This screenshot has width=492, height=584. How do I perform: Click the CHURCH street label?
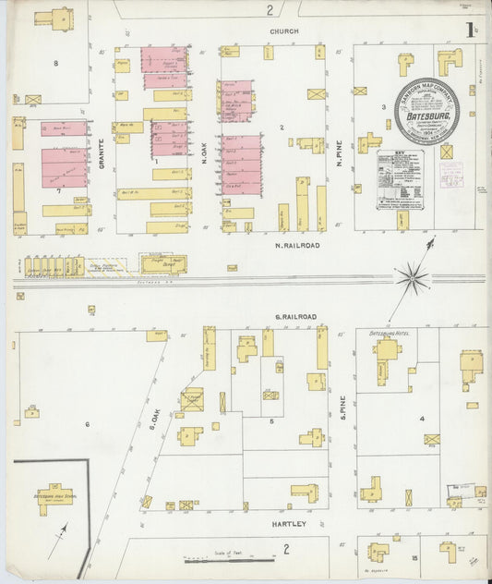(284, 31)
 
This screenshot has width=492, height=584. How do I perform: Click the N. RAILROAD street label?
(297, 246)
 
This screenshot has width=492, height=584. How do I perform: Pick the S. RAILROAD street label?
(295, 317)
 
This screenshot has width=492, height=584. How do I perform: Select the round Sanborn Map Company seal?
(426, 111)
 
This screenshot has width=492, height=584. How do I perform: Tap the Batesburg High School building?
(54, 498)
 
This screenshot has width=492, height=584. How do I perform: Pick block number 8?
(55, 63)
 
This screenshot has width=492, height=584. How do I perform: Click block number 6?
(88, 423)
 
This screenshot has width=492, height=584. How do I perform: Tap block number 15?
(415, 558)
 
